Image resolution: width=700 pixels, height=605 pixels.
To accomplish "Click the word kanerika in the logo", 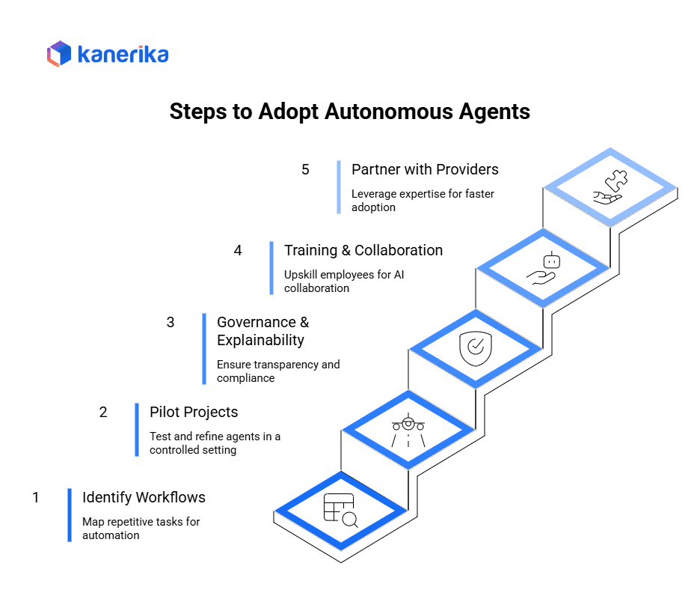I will pyautogui.click(x=123, y=55).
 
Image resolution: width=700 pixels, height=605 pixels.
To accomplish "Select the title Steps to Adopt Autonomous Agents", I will pyautogui.click(x=349, y=112).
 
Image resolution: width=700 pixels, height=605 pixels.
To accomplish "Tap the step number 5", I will pyautogui.click(x=305, y=169).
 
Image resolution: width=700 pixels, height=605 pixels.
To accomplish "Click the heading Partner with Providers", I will pyautogui.click(x=425, y=169).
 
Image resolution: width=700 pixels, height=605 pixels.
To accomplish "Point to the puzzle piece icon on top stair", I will pyautogui.click(x=610, y=187).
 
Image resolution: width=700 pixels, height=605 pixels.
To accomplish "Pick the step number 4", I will pyautogui.click(x=238, y=250).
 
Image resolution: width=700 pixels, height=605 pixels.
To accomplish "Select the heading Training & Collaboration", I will pyautogui.click(x=363, y=250).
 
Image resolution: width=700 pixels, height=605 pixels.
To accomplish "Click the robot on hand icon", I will pyautogui.click(x=543, y=268).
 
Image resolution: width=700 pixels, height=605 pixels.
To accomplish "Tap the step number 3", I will pyautogui.click(x=171, y=322).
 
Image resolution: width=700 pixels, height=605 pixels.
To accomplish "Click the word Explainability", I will pyautogui.click(x=260, y=340).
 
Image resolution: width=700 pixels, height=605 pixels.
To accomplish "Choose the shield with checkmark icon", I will pyautogui.click(x=475, y=348).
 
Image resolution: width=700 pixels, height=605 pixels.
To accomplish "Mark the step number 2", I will pyautogui.click(x=103, y=412).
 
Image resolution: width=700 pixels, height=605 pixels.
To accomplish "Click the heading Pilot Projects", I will pyautogui.click(x=194, y=412).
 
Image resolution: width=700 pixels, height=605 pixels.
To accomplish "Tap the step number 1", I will pyautogui.click(x=35, y=497).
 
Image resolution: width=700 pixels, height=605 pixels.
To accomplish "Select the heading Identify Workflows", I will pyautogui.click(x=144, y=497).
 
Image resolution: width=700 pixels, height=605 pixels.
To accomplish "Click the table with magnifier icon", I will pyautogui.click(x=340, y=511).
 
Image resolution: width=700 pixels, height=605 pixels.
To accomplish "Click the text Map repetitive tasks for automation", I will pyautogui.click(x=141, y=528).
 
